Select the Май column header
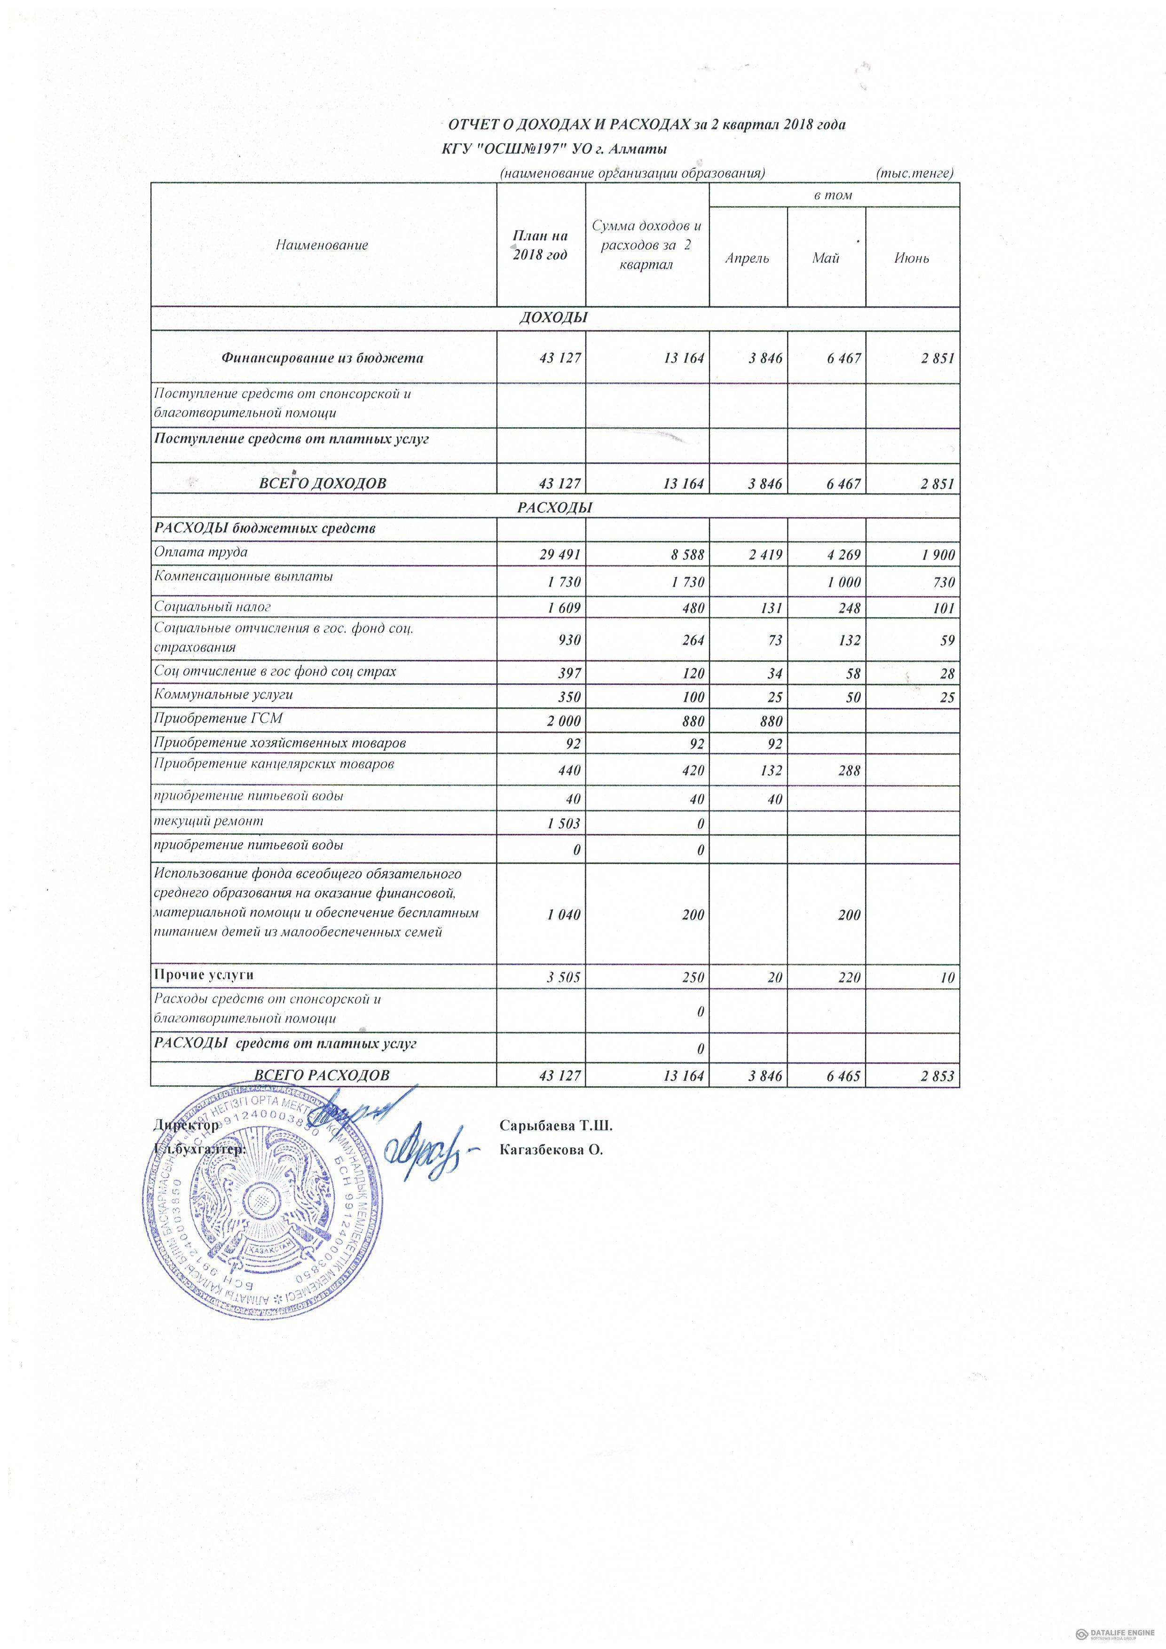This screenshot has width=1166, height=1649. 826,259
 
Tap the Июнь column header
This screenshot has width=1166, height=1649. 911,259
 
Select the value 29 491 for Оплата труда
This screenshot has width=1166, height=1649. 559,555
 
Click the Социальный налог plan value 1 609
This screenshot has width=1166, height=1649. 563,608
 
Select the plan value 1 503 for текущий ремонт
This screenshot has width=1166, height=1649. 563,824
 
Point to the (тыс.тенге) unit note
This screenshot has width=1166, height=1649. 914,173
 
